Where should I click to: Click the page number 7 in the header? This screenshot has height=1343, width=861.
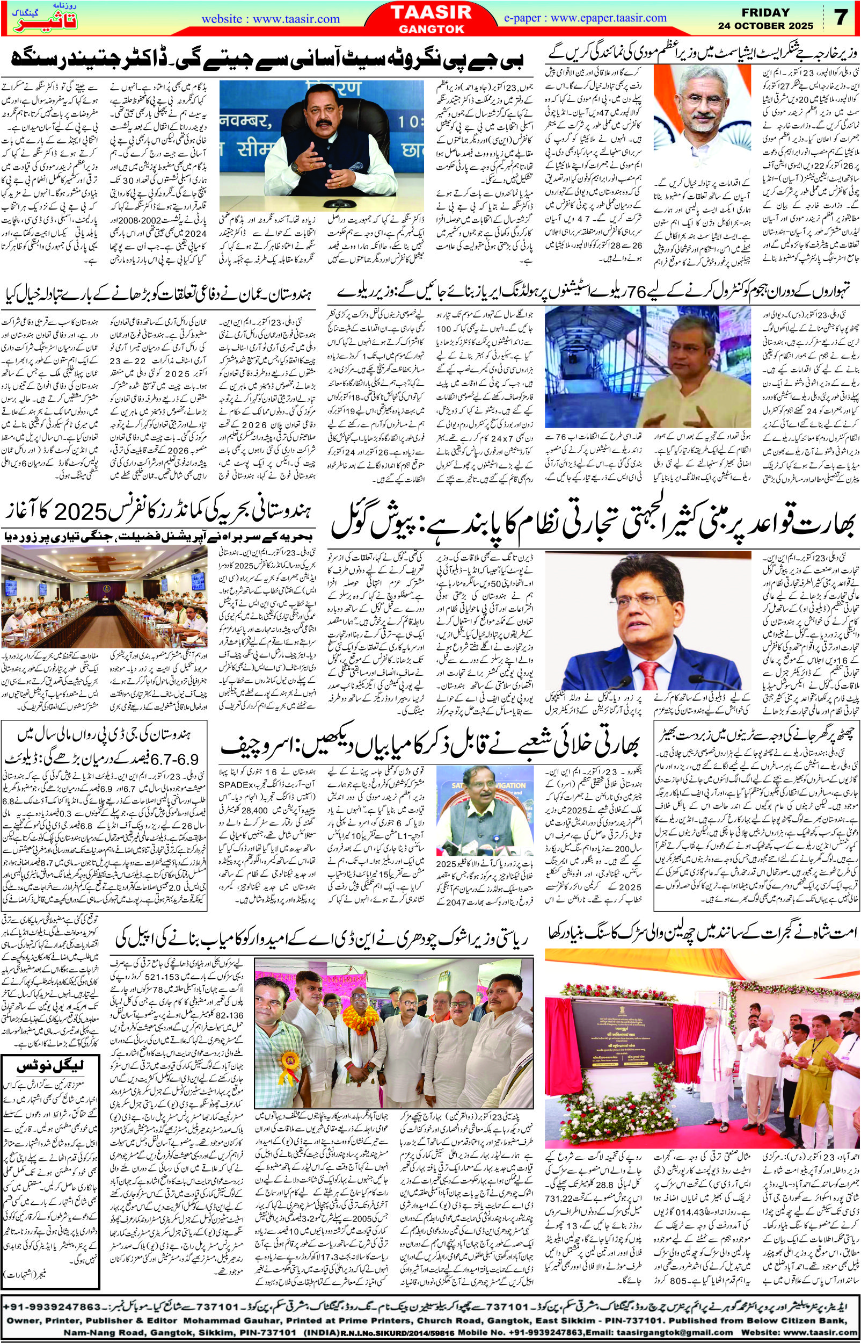tap(842, 17)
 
